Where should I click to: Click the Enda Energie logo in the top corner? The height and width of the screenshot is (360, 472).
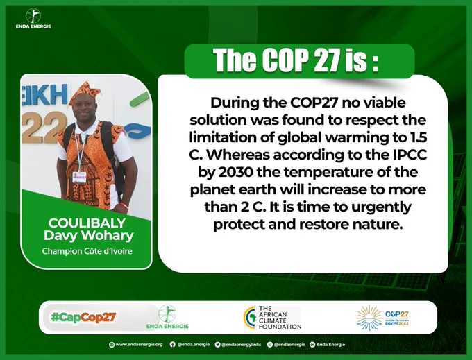33,18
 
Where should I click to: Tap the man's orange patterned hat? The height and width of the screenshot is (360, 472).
84,92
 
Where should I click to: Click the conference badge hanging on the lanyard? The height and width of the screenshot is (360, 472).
79,177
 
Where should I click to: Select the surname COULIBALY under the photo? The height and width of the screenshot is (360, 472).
87,223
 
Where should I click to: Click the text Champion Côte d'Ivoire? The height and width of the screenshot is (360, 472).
87,251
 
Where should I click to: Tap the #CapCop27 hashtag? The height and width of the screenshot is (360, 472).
83,317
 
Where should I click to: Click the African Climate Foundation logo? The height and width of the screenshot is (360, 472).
273,318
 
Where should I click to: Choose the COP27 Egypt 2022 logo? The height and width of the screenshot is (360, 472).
382,318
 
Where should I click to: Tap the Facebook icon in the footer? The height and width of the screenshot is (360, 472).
172,344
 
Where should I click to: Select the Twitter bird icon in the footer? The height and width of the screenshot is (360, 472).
218,345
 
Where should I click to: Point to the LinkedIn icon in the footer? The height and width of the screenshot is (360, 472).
312,345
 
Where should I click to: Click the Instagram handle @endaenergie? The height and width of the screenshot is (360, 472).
289,345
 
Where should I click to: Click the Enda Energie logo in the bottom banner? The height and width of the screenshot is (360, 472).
167,317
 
